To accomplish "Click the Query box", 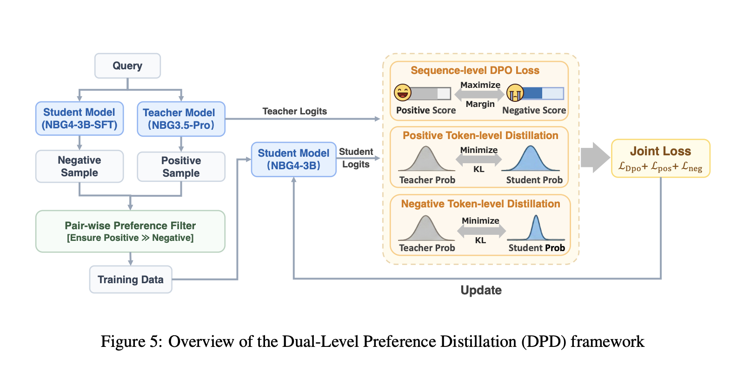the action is click(x=127, y=66).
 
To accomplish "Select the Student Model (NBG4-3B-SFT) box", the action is click(x=80, y=119).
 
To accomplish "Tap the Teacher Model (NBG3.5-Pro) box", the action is click(x=181, y=119).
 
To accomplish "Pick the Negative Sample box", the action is click(x=80, y=166).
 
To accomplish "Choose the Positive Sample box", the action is click(x=181, y=167).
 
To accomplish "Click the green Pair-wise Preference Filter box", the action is click(x=130, y=231).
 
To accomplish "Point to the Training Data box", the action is click(x=131, y=279).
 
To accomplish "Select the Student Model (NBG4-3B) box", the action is click(x=293, y=159).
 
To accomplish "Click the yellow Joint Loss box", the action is click(x=661, y=159).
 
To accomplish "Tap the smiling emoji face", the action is click(x=403, y=93).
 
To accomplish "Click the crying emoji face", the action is click(x=515, y=93).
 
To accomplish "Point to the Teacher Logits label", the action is click(x=295, y=111).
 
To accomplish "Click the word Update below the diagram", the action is click(x=481, y=290).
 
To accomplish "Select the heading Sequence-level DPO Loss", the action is click(x=475, y=70).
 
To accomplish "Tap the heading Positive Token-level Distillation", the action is click(x=480, y=135).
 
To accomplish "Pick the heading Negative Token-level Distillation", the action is click(x=481, y=204).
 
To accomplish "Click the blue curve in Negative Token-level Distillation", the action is click(x=536, y=230).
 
